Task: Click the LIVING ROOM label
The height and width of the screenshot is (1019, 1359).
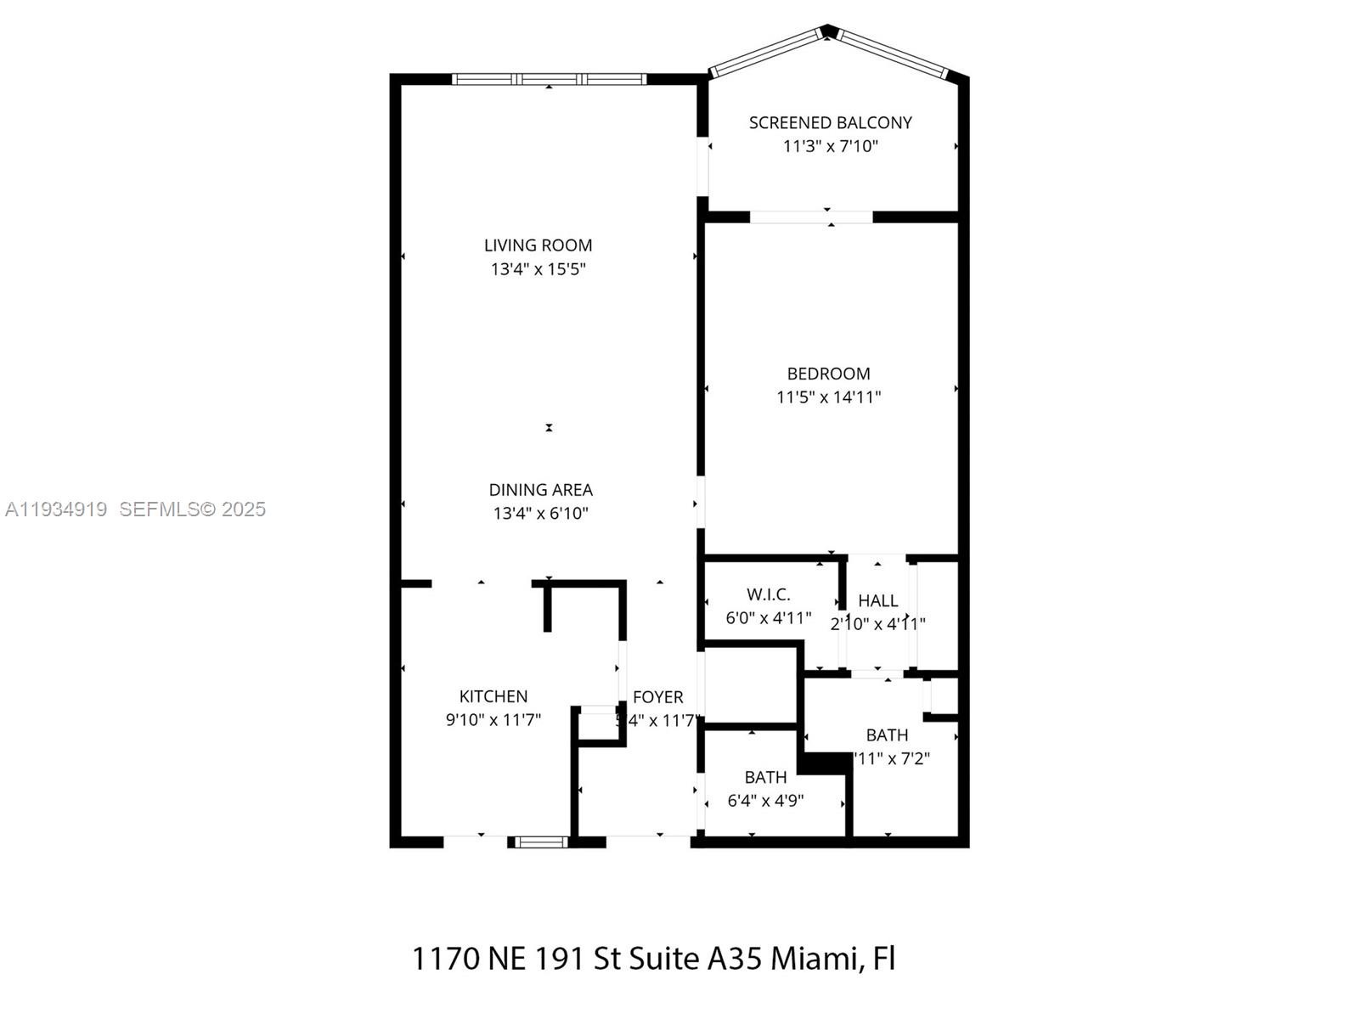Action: click(538, 245)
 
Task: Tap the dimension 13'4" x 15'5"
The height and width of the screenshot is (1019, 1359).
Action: click(538, 269)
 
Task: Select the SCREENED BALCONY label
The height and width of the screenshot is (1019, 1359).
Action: click(830, 123)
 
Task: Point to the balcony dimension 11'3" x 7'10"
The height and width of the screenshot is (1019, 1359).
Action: click(830, 146)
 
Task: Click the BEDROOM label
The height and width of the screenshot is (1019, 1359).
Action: click(828, 374)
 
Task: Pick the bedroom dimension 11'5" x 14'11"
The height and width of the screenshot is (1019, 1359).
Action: click(828, 397)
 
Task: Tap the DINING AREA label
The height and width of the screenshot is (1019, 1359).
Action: click(540, 490)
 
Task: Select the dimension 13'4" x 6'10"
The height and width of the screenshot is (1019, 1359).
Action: click(540, 513)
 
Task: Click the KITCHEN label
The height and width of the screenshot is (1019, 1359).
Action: click(493, 696)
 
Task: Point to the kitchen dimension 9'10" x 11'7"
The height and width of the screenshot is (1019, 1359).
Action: click(493, 720)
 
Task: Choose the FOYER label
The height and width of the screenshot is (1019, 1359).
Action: click(657, 697)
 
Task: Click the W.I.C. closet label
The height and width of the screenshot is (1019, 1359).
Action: click(768, 594)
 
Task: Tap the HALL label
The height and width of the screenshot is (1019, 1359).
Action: click(877, 600)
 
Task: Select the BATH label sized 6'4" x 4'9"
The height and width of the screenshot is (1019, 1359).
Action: click(765, 777)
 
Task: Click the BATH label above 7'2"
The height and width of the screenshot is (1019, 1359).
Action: click(887, 735)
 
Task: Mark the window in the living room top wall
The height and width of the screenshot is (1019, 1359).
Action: click(549, 79)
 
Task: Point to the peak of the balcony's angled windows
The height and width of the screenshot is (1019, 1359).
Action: click(827, 31)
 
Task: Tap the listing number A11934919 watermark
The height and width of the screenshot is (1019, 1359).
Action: click(56, 509)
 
